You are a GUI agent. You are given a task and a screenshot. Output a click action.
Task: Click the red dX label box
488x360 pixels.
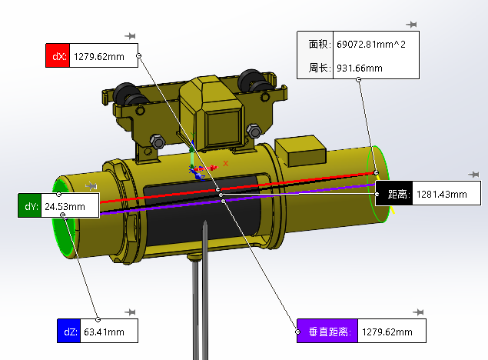coord(58,56)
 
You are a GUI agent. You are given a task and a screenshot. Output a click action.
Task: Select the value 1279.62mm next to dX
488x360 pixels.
coord(98,56)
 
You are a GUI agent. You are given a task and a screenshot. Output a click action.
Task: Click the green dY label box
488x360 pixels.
coord(30,206)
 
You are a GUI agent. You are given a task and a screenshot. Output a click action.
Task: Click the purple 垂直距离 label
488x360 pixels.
coord(327,332)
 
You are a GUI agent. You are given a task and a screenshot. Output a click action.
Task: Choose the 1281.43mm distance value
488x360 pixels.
coord(441,194)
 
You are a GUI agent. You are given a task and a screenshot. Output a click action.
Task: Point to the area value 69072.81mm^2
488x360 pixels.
coord(370,45)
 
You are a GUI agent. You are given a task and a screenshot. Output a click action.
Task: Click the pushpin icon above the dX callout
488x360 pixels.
coord(131,35)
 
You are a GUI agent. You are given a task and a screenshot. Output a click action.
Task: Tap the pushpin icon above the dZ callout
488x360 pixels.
coord(131,312)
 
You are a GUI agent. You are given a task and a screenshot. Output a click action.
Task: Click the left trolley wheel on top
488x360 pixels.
coord(124,95)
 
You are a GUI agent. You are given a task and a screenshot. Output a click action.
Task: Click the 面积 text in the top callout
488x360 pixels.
coord(317,45)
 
